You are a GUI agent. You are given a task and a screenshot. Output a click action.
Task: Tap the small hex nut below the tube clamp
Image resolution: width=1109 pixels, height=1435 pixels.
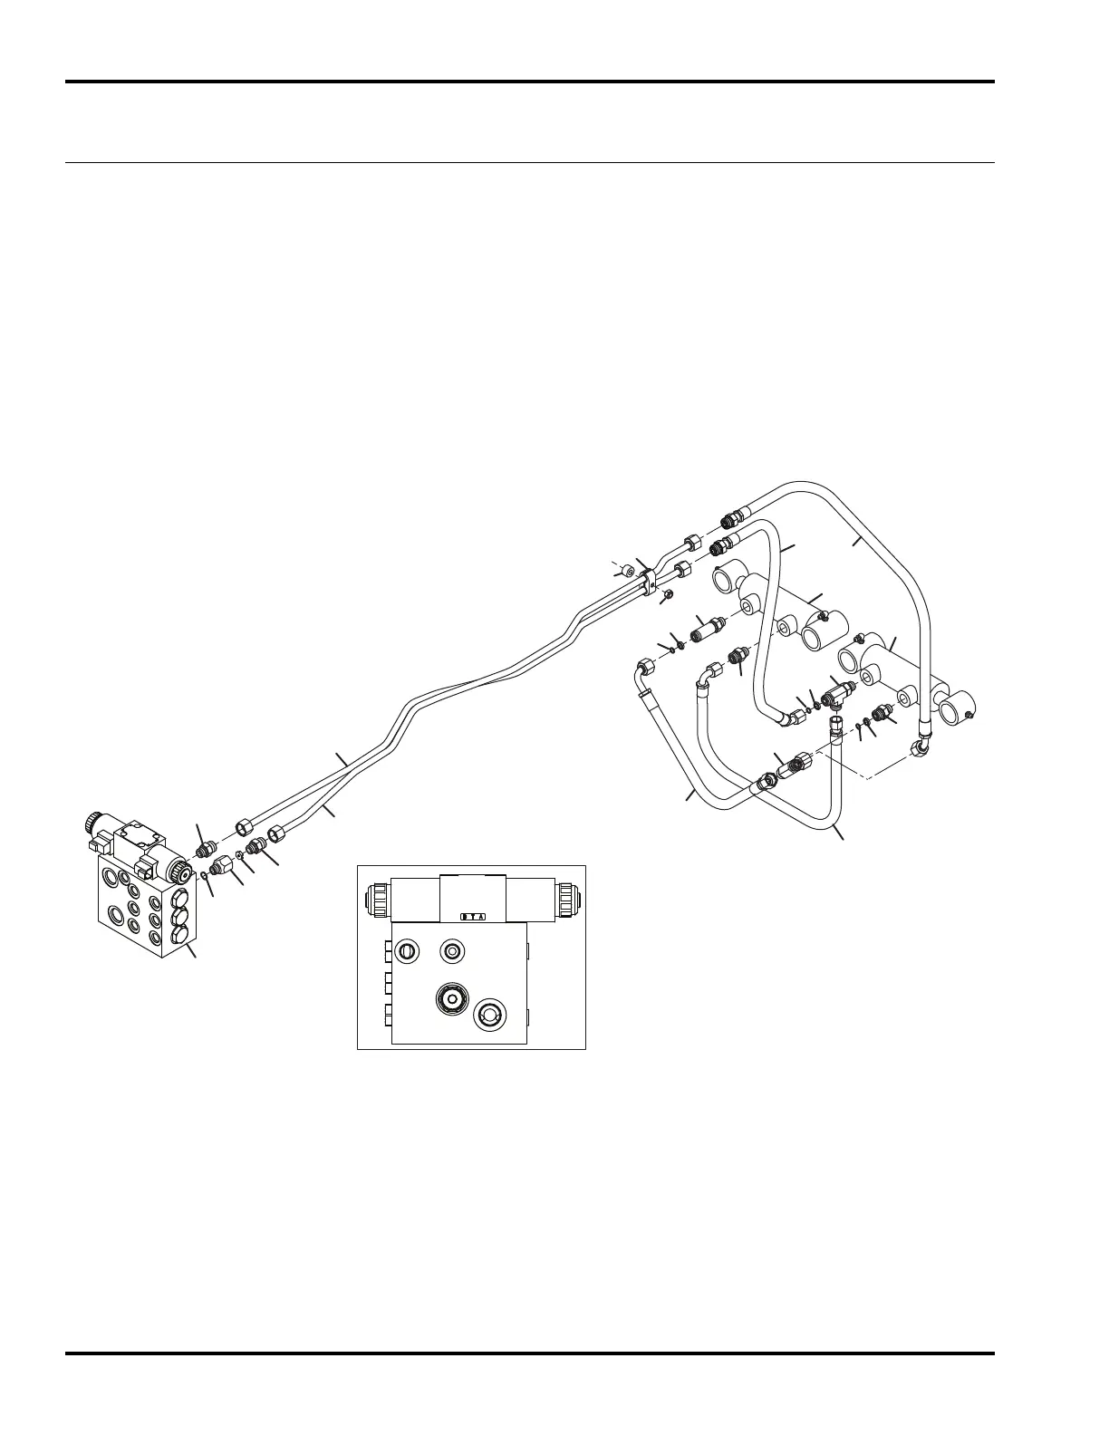pos(667,594)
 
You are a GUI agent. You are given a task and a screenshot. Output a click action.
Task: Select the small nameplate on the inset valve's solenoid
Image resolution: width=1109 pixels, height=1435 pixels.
pos(473,916)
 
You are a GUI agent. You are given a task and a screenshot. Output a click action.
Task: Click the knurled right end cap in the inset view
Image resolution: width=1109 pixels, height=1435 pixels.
pos(568,900)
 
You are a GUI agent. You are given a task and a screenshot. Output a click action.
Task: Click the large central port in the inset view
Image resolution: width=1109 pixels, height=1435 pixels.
pos(450,998)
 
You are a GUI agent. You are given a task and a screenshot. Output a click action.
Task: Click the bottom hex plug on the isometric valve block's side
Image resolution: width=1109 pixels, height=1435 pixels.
pos(178,934)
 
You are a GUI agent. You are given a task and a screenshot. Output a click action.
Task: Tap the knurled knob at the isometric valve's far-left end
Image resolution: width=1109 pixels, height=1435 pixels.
pos(93,824)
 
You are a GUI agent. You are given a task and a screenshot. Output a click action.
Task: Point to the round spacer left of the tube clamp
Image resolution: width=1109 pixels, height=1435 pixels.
pos(625,569)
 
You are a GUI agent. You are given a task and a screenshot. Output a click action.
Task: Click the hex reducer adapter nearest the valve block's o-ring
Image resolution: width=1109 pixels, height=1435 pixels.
pos(222,869)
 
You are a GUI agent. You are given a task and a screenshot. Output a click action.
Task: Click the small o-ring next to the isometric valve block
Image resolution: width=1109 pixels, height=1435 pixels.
pos(206,876)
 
